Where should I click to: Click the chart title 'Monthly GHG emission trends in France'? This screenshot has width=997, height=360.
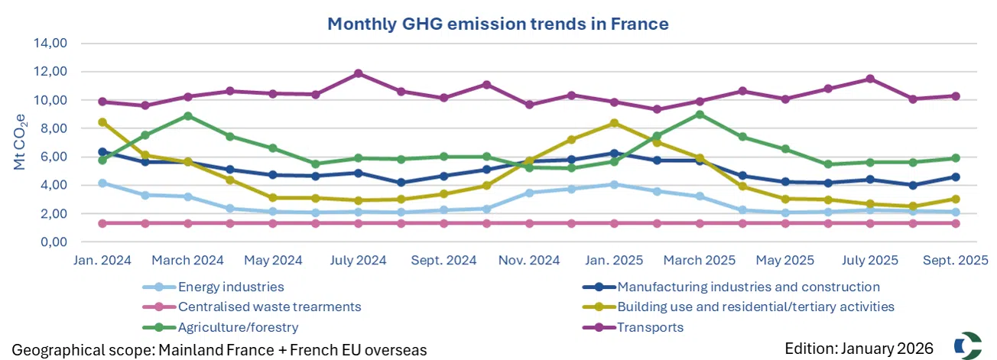tap(498, 24)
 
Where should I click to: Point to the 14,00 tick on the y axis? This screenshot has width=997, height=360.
tap(52, 43)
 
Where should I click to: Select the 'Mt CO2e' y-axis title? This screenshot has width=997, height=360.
tap(21, 142)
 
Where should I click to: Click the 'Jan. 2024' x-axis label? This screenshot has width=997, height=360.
tap(102, 261)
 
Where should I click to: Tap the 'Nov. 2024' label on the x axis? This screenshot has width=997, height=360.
tap(528, 261)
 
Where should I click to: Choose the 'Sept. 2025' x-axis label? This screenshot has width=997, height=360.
tap(954, 261)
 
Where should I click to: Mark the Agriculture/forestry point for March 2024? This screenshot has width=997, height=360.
tap(187, 115)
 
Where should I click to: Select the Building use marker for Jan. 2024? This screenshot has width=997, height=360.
tap(102, 122)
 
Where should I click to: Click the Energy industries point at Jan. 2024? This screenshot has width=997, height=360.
tap(102, 183)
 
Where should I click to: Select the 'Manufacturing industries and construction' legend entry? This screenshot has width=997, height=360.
tap(748, 287)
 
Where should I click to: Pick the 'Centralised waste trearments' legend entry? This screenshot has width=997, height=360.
tap(269, 307)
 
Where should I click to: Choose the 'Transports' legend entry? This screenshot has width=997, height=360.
tap(650, 327)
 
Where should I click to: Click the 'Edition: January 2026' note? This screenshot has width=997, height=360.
tap(859, 349)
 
